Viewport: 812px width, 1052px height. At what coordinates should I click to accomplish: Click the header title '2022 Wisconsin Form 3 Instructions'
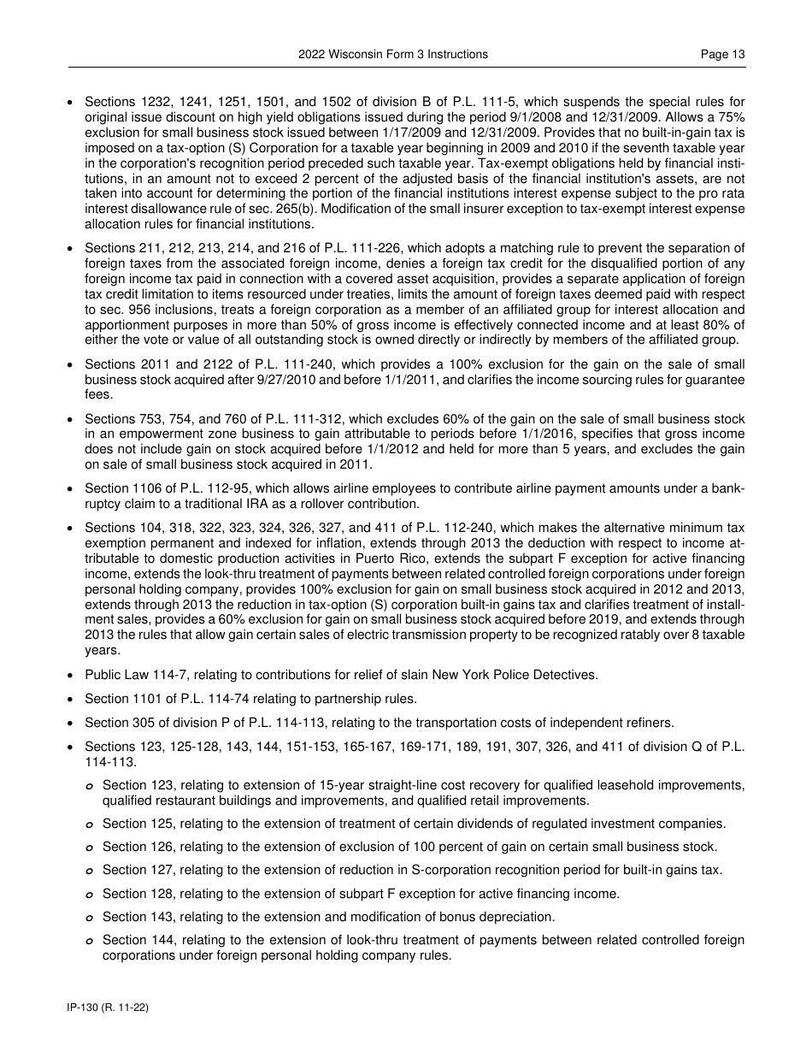[x=393, y=54]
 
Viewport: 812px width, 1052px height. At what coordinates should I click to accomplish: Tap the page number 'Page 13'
[x=722, y=54]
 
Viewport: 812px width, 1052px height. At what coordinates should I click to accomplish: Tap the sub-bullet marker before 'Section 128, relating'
[x=91, y=895]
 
